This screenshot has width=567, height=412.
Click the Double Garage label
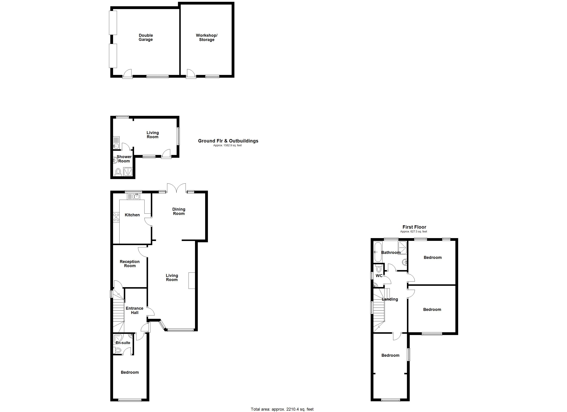click(x=146, y=37)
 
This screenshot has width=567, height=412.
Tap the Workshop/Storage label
click(x=207, y=37)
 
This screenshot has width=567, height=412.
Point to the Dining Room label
click(x=179, y=211)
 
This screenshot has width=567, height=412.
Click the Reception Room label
click(x=130, y=264)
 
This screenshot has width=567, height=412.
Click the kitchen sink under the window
click(x=135, y=197)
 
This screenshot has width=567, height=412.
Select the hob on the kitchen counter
click(x=116, y=217)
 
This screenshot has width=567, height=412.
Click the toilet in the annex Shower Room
click(x=118, y=172)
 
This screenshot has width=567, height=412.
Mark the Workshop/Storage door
click(x=191, y=74)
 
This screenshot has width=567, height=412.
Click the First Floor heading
click(x=414, y=227)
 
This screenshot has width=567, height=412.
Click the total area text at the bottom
click(x=282, y=409)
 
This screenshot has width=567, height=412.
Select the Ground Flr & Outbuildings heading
click(x=228, y=141)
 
